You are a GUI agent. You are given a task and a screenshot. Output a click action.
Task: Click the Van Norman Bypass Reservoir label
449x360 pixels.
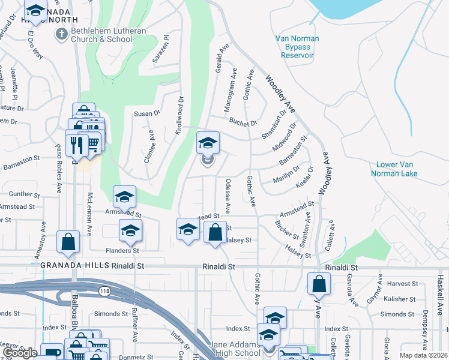pyautogui.click(x=297, y=47)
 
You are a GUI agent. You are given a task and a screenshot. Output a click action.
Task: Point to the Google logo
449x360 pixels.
pyautogui.click(x=20, y=353)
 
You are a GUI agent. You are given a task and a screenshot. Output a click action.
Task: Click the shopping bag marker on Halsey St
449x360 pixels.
pyautogui.click(x=215, y=232)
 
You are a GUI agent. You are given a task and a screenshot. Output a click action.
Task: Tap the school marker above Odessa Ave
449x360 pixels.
pyautogui.click(x=208, y=143)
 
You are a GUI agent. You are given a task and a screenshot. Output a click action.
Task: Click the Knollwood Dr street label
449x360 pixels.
pyautogui.click(x=179, y=114)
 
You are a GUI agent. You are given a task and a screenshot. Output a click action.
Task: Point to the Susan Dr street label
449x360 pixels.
pyautogui.click(x=148, y=113)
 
